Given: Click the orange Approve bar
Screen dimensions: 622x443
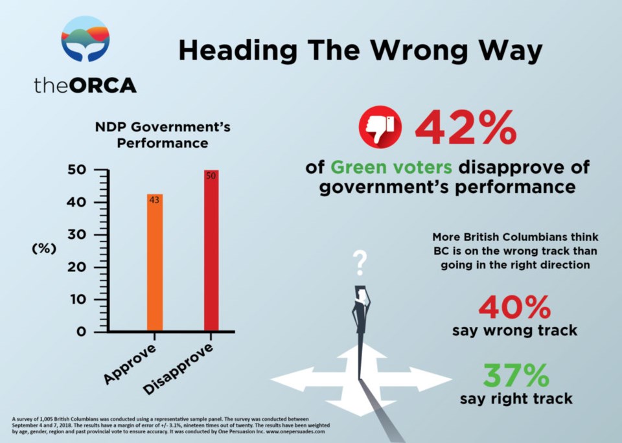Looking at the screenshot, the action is (x=155, y=262).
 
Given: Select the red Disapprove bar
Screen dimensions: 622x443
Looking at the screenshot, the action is (x=211, y=250).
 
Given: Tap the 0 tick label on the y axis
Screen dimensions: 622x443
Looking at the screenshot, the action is (x=81, y=332).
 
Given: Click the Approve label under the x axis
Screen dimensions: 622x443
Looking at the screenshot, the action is (x=130, y=365).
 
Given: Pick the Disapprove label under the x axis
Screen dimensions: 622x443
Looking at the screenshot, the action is (x=178, y=369).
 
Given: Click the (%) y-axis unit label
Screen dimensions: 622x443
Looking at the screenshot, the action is (x=44, y=249).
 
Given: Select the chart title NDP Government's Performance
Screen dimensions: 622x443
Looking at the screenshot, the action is (x=163, y=135).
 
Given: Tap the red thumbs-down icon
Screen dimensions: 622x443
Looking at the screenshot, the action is (x=380, y=127).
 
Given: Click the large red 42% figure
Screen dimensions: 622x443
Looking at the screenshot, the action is (x=466, y=128).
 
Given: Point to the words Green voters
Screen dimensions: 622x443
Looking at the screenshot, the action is (x=391, y=167).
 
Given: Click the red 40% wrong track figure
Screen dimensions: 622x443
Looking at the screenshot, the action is (x=515, y=307).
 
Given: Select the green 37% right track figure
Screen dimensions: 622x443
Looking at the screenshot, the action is (x=516, y=376).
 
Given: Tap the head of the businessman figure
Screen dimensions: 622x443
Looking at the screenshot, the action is (x=361, y=293).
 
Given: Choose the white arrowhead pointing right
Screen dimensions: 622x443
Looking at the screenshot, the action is (x=430, y=380).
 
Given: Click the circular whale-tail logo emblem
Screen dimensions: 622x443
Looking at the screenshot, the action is (x=86, y=39).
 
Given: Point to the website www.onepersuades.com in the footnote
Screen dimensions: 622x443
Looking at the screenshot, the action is (x=295, y=431).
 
